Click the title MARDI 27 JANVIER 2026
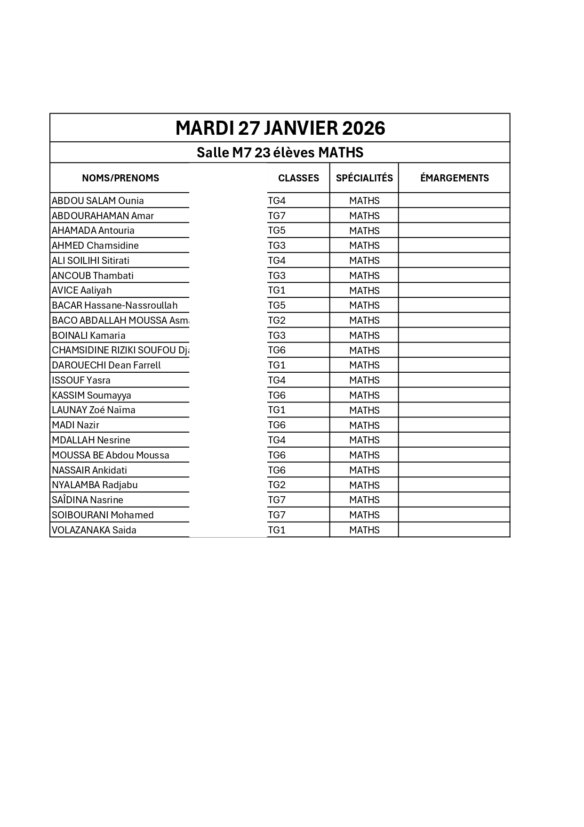pyautogui.click(x=280, y=128)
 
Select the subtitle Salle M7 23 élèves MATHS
pyautogui.click(x=280, y=153)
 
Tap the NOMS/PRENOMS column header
pyautogui.click(x=120, y=178)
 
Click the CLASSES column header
pyautogui.click(x=298, y=178)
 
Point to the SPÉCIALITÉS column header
pyautogui.click(x=364, y=178)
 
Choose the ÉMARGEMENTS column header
pyautogui.click(x=454, y=178)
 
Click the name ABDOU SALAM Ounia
pyautogui.click(x=98, y=201)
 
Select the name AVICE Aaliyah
pyautogui.click(x=82, y=290)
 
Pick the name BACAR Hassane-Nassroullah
pyautogui.click(x=115, y=305)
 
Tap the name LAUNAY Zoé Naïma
pyautogui.click(x=94, y=410)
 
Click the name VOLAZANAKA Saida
pyautogui.click(x=94, y=530)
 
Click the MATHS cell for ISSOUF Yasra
pyautogui.click(x=364, y=380)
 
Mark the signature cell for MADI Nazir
pyautogui.click(x=454, y=425)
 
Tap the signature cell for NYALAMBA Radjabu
pyautogui.click(x=454, y=485)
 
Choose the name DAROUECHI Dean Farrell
pyautogui.click(x=106, y=365)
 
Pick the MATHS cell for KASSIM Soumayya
pyautogui.click(x=364, y=395)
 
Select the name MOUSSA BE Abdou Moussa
pyautogui.click(x=111, y=455)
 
